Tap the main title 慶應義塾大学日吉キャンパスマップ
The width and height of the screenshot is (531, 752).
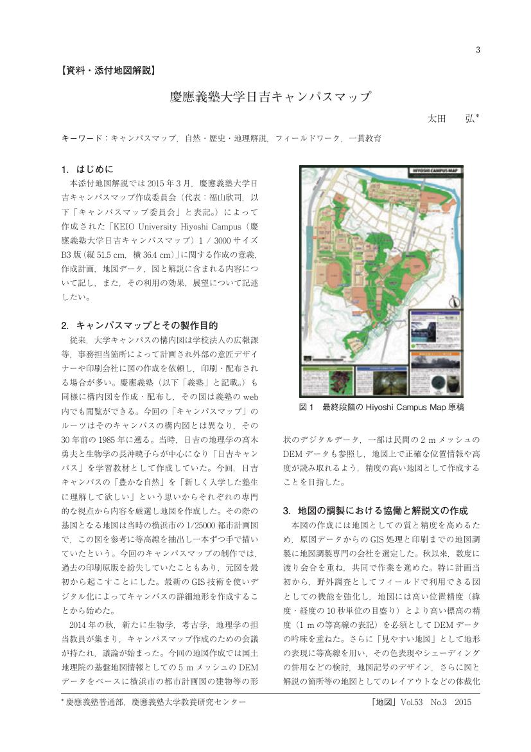(270, 97)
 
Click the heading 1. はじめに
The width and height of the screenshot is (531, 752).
(87, 170)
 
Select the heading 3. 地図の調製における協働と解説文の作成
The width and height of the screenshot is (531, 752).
(375, 510)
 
